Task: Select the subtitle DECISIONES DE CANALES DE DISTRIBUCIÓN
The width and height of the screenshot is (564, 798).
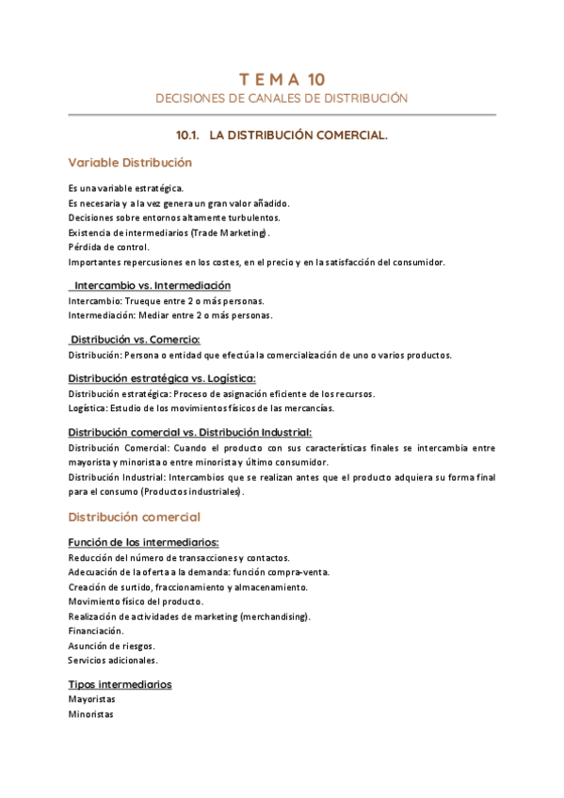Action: [x=282, y=98]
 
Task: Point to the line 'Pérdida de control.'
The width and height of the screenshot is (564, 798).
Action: [x=105, y=247]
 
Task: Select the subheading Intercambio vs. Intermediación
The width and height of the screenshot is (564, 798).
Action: [x=153, y=285]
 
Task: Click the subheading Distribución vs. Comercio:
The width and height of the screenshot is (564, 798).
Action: [x=136, y=339]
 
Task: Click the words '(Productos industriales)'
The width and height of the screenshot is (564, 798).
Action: [x=192, y=492]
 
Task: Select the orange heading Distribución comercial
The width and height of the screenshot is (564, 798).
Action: [x=134, y=517]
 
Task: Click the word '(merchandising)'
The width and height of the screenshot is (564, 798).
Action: [x=275, y=616]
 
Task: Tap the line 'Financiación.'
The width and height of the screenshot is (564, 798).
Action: [x=96, y=630]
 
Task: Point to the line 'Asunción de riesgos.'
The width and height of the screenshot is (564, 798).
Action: [x=112, y=646]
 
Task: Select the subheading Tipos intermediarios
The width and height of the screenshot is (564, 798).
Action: [x=120, y=684]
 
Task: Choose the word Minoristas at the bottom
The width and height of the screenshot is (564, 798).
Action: [x=90, y=714]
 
